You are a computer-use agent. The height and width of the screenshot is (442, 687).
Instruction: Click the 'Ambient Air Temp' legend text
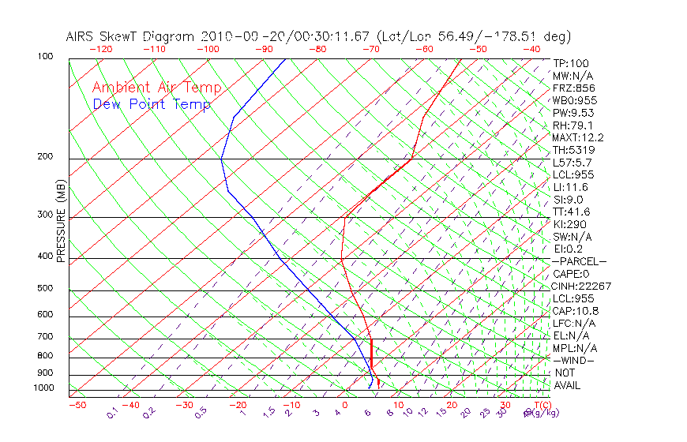point(156,88)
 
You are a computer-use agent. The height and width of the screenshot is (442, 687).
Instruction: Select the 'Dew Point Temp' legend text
point(152,104)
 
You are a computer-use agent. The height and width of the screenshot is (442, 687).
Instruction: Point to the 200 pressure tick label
point(44,156)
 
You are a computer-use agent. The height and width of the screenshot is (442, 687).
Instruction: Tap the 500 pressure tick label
point(44,288)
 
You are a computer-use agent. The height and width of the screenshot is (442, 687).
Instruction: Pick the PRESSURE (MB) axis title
point(61,221)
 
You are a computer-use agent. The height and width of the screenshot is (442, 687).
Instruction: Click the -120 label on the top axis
point(100,49)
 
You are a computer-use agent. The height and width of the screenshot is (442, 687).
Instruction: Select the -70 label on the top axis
point(370,49)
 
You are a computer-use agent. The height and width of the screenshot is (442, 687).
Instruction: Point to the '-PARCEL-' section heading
point(580,261)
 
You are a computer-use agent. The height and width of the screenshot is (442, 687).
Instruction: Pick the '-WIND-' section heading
point(574,360)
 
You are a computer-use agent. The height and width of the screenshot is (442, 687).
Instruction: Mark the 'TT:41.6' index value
point(572,212)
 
